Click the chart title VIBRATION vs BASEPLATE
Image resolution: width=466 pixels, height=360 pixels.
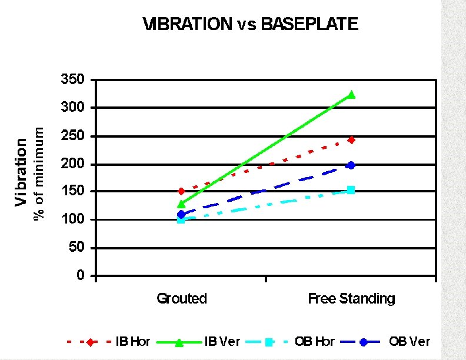pyautogui.click(x=250, y=24)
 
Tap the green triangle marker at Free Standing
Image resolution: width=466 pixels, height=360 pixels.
pyautogui.click(x=351, y=94)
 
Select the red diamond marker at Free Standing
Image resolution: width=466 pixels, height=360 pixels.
pyautogui.click(x=351, y=140)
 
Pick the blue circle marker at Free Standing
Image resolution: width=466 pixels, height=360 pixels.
pyautogui.click(x=351, y=165)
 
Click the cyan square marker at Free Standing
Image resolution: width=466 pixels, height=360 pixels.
pyautogui.click(x=351, y=190)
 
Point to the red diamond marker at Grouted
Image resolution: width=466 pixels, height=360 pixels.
pyautogui.click(x=181, y=191)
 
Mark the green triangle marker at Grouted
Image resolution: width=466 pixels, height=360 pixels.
pyautogui.click(x=181, y=204)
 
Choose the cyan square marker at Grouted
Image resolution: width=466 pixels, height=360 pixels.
pyautogui.click(x=181, y=219)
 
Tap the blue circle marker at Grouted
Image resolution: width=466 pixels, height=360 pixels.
pyautogui.click(x=181, y=214)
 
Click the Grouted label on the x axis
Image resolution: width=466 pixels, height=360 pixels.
pyautogui.click(x=182, y=299)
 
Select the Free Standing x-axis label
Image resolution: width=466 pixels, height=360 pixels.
pyautogui.click(x=351, y=299)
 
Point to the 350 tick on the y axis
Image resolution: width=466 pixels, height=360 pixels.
pyautogui.click(x=73, y=79)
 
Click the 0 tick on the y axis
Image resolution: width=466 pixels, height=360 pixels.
pyautogui.click(x=80, y=276)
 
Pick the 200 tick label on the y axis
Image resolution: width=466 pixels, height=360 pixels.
pyautogui.click(x=73, y=164)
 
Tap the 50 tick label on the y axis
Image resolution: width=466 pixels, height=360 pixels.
pyautogui.click(x=76, y=248)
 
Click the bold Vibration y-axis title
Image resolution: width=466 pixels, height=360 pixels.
pyautogui.click(x=22, y=172)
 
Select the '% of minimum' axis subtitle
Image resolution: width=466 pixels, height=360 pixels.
pyautogui.click(x=39, y=172)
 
